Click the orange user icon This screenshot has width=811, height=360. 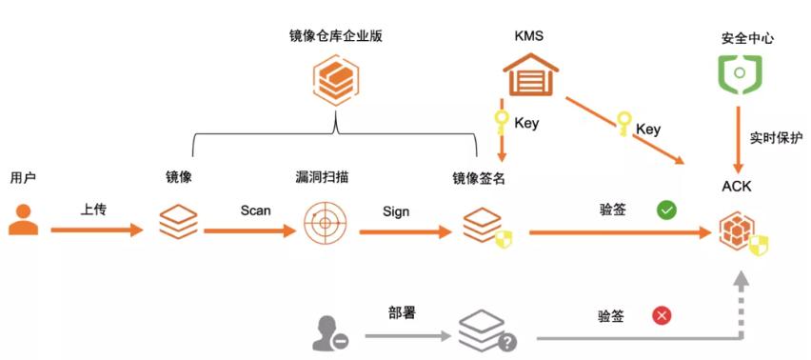tap(23, 218)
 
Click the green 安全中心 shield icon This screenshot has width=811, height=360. tap(739, 74)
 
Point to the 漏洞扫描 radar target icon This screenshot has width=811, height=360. tap(326, 224)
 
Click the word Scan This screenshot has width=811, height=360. tap(255, 210)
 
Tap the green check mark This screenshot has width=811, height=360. tap(666, 210)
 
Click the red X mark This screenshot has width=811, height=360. tap(662, 314)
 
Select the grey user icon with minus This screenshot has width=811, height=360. tap(329, 332)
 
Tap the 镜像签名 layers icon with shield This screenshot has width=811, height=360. tap(480, 227)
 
